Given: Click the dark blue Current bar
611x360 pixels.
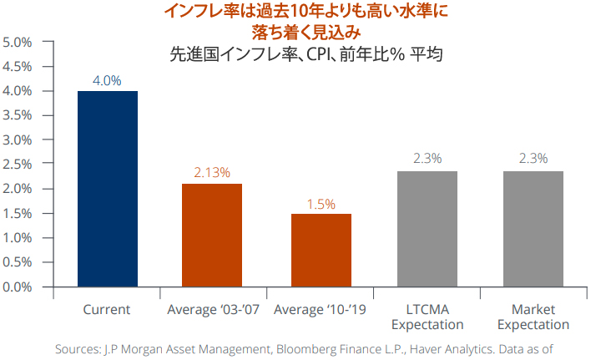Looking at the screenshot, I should coord(107,189).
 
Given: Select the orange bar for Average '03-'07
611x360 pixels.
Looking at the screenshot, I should coord(212,235).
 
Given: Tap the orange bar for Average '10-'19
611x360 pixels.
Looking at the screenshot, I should coord(321,250).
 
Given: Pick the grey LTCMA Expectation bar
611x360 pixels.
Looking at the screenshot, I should coord(427,229).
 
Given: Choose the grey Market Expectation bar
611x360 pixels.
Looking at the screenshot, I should coord(533,229).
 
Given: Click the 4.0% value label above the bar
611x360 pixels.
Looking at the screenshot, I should coord(107,81).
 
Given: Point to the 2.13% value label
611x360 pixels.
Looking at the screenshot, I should coord(212,173).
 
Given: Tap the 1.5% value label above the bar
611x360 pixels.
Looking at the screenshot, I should coord(321,203).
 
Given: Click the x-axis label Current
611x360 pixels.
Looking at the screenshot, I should coord(107,309).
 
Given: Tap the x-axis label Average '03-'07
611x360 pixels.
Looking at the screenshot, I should coord(212,309).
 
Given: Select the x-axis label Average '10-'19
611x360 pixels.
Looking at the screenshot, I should coord(321,309).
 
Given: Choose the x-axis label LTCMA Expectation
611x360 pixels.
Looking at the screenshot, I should coord(427,317).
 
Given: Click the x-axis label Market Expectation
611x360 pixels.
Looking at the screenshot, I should coord(533,317).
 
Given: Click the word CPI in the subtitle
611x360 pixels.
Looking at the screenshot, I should coord(316,56).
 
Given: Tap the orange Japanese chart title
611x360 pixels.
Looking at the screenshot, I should coord(305,23).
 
